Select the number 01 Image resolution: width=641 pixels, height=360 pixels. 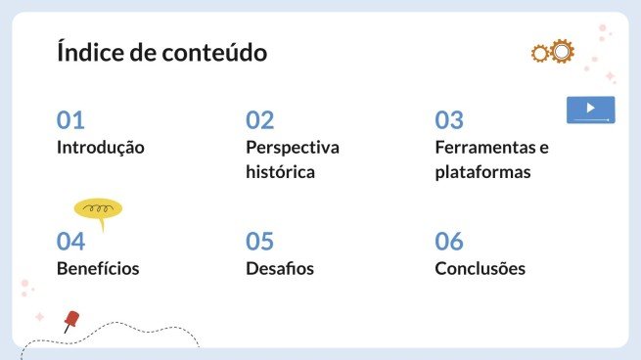(70, 120)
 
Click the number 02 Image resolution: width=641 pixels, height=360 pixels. (260, 120)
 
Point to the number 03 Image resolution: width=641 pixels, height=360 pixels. (449, 120)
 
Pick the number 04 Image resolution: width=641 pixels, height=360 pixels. (70, 241)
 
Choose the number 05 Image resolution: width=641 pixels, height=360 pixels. (260, 241)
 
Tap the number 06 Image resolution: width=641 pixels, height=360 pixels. (449, 241)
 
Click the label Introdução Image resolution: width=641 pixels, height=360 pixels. (101, 148)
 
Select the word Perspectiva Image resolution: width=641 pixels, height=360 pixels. (293, 148)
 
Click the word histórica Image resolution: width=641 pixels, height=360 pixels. (281, 172)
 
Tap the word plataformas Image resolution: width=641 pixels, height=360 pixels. (482, 172)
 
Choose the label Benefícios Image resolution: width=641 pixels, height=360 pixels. (98, 268)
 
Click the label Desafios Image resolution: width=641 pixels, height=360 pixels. (280, 268)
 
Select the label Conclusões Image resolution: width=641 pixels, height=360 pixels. (481, 268)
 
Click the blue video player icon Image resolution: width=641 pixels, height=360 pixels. (590, 110)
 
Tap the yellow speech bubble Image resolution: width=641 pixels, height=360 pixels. (98, 209)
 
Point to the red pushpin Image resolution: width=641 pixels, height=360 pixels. (70, 320)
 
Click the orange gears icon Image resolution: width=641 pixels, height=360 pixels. (552, 52)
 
